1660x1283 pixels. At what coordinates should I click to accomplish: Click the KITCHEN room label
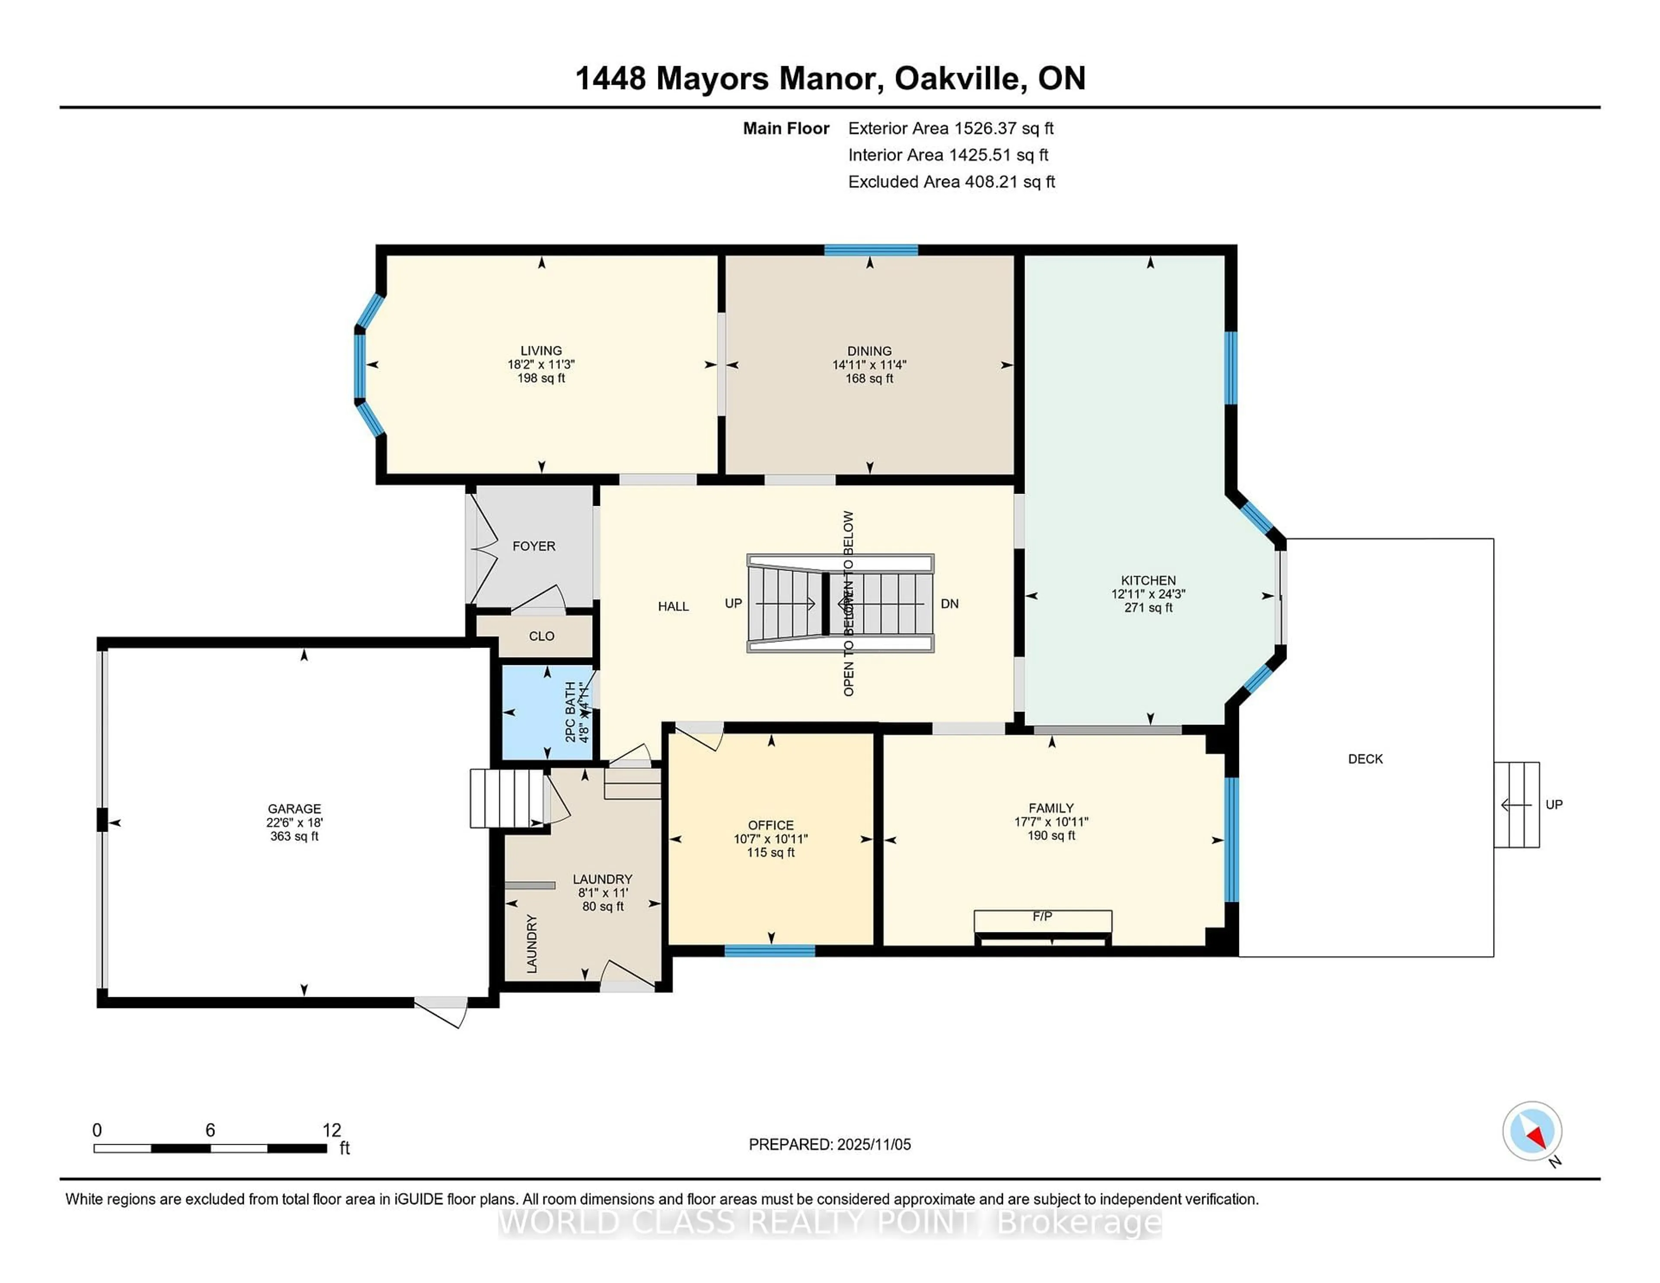1148,580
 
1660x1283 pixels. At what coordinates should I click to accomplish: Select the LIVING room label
541,351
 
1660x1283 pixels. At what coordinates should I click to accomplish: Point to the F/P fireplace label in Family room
1042,917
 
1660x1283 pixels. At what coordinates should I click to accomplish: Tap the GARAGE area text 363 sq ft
294,836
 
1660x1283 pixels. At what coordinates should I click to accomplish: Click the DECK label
1365,759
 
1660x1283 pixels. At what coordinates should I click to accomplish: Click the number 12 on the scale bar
332,1130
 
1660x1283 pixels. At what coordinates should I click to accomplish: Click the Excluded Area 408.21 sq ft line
951,182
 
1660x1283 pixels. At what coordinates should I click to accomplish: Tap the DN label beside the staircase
949,603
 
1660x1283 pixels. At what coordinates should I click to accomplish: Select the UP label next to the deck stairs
1554,804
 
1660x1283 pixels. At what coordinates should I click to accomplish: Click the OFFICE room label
771,825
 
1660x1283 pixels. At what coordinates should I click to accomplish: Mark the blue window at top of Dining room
871,250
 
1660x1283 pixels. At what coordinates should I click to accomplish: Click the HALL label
674,606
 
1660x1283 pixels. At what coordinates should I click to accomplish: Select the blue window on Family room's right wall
1231,839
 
